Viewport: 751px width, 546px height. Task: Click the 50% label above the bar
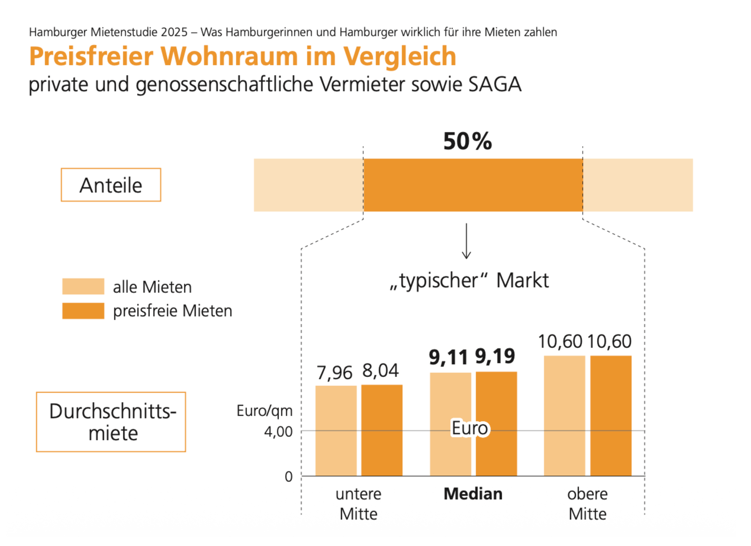[467, 141]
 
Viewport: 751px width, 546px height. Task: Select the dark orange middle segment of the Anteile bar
[473, 185]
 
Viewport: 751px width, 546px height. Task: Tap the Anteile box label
[111, 185]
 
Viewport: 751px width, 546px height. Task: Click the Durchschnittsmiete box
[111, 422]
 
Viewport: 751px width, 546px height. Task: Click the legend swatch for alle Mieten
[83, 286]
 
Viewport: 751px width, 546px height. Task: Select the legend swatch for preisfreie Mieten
[83, 311]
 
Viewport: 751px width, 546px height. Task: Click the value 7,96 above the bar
[334, 373]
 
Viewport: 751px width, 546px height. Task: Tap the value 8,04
[380, 370]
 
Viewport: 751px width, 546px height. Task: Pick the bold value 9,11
[448, 358]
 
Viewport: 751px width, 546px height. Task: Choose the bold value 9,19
[495, 356]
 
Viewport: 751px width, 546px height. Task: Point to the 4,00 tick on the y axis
[278, 431]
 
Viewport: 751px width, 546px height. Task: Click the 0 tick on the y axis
[289, 477]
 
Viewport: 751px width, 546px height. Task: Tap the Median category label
[473, 494]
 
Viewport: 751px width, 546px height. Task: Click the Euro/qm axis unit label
[264, 411]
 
